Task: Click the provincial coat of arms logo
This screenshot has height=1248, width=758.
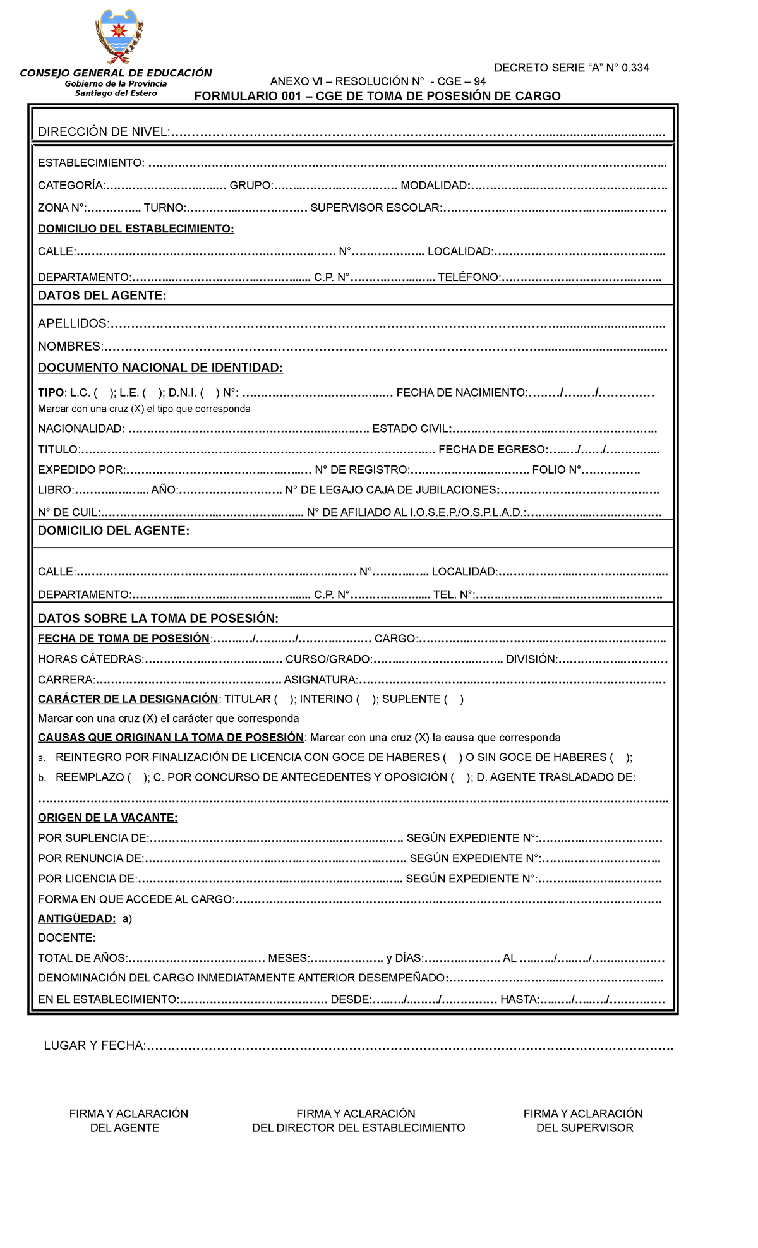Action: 119,36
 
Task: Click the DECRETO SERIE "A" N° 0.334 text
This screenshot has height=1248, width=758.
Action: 571,68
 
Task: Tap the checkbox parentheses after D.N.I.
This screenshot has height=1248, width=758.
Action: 210,393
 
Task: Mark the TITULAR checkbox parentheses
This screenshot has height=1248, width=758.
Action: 284,699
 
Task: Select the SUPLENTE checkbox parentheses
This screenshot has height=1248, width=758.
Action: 454,699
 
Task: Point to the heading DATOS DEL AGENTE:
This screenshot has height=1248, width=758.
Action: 102,296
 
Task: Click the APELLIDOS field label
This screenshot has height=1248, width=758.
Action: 73,323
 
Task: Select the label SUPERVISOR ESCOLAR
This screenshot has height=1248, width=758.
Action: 376,208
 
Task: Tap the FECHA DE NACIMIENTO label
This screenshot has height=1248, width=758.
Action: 461,393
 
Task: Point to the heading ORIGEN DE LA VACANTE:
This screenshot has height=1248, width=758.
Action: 107,818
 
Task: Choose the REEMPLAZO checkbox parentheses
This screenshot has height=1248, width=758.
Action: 138,777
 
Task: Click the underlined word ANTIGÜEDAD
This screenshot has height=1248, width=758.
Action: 76,918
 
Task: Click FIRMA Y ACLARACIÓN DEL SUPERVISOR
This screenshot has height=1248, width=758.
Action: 583,1120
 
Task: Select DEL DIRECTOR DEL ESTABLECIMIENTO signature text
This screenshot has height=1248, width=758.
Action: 358,1128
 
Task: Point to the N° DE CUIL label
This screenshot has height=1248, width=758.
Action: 69,512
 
